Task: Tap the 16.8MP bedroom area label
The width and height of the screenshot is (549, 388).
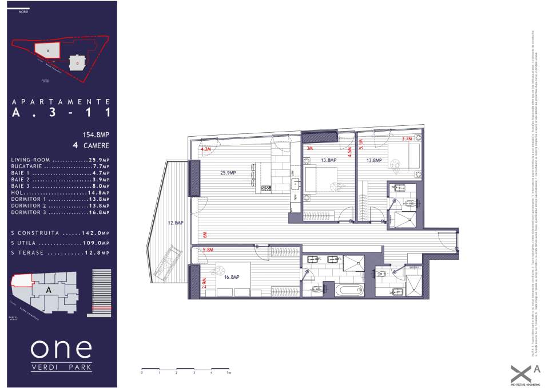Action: click(231, 276)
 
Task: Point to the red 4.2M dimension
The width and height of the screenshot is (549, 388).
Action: click(206, 149)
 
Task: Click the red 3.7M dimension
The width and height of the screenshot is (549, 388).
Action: click(407, 139)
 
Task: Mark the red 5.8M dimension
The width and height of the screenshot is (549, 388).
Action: click(208, 250)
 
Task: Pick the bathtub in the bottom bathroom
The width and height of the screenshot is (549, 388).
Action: click(349, 290)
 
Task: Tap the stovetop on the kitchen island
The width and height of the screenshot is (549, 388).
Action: click(266, 188)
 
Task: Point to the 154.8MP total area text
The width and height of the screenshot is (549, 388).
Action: click(96, 136)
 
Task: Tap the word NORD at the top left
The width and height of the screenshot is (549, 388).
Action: click(23, 11)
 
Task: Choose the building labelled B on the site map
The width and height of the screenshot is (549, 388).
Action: click(77, 62)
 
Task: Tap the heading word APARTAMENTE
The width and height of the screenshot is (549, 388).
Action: click(61, 101)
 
